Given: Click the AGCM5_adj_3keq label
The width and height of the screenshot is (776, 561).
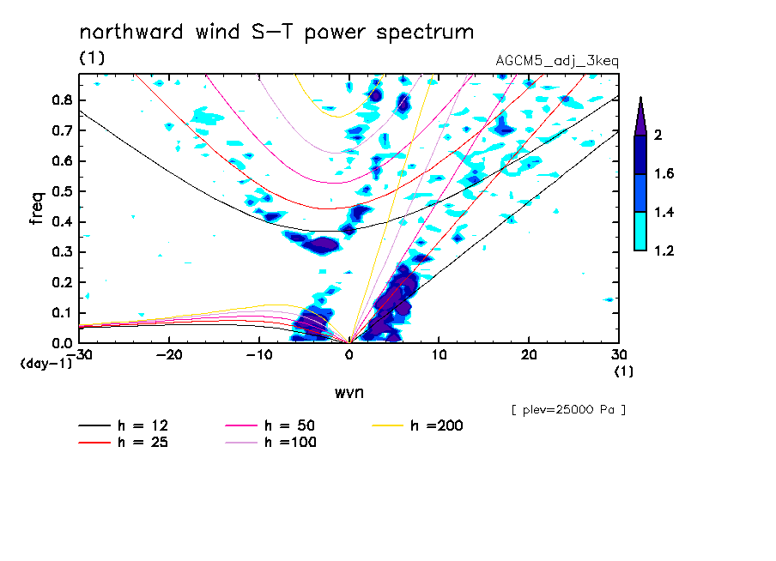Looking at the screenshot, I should (557, 61).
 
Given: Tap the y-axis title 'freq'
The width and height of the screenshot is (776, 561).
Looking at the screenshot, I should (37, 208).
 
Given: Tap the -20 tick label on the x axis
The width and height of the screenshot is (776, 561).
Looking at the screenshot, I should (169, 355).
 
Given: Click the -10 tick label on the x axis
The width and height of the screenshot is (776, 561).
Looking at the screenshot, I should (258, 355).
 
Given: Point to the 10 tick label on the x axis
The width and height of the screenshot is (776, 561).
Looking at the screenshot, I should (439, 355).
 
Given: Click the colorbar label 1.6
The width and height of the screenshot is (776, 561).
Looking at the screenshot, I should (664, 174).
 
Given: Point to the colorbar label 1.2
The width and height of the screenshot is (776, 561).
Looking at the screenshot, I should (664, 251).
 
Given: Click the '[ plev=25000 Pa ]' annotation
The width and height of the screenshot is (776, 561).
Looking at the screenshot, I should (568, 410).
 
